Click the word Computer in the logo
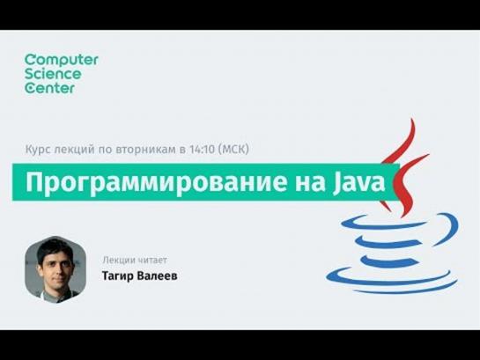pos(62,60)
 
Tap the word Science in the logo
pos(53,74)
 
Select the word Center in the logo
pos(49,88)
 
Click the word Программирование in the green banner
pos(156,183)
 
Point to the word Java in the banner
pos(358,182)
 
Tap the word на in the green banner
pos(310,185)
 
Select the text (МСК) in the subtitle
pos(234,150)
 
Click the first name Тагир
pos(118,276)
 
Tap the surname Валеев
pos(158,276)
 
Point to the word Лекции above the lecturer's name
pos(119,261)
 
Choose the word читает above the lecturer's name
pos(152,261)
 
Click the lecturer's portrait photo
pos(55,269)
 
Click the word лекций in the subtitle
pos(74,150)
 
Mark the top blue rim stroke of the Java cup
pos(382,224)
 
